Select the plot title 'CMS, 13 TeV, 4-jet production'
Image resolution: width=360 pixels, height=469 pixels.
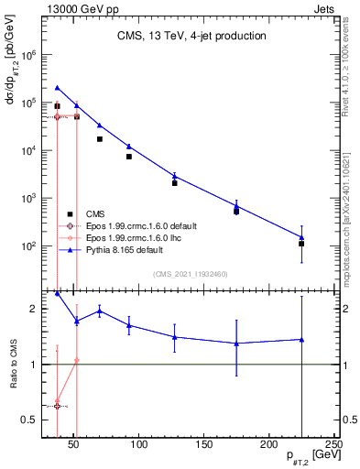(191, 37)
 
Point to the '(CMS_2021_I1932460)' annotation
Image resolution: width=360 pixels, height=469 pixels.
(191, 272)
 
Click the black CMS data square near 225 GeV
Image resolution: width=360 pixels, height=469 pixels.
(301, 244)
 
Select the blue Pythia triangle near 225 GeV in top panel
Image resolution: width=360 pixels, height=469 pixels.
(301, 237)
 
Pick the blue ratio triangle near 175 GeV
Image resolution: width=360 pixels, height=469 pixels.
(237, 344)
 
